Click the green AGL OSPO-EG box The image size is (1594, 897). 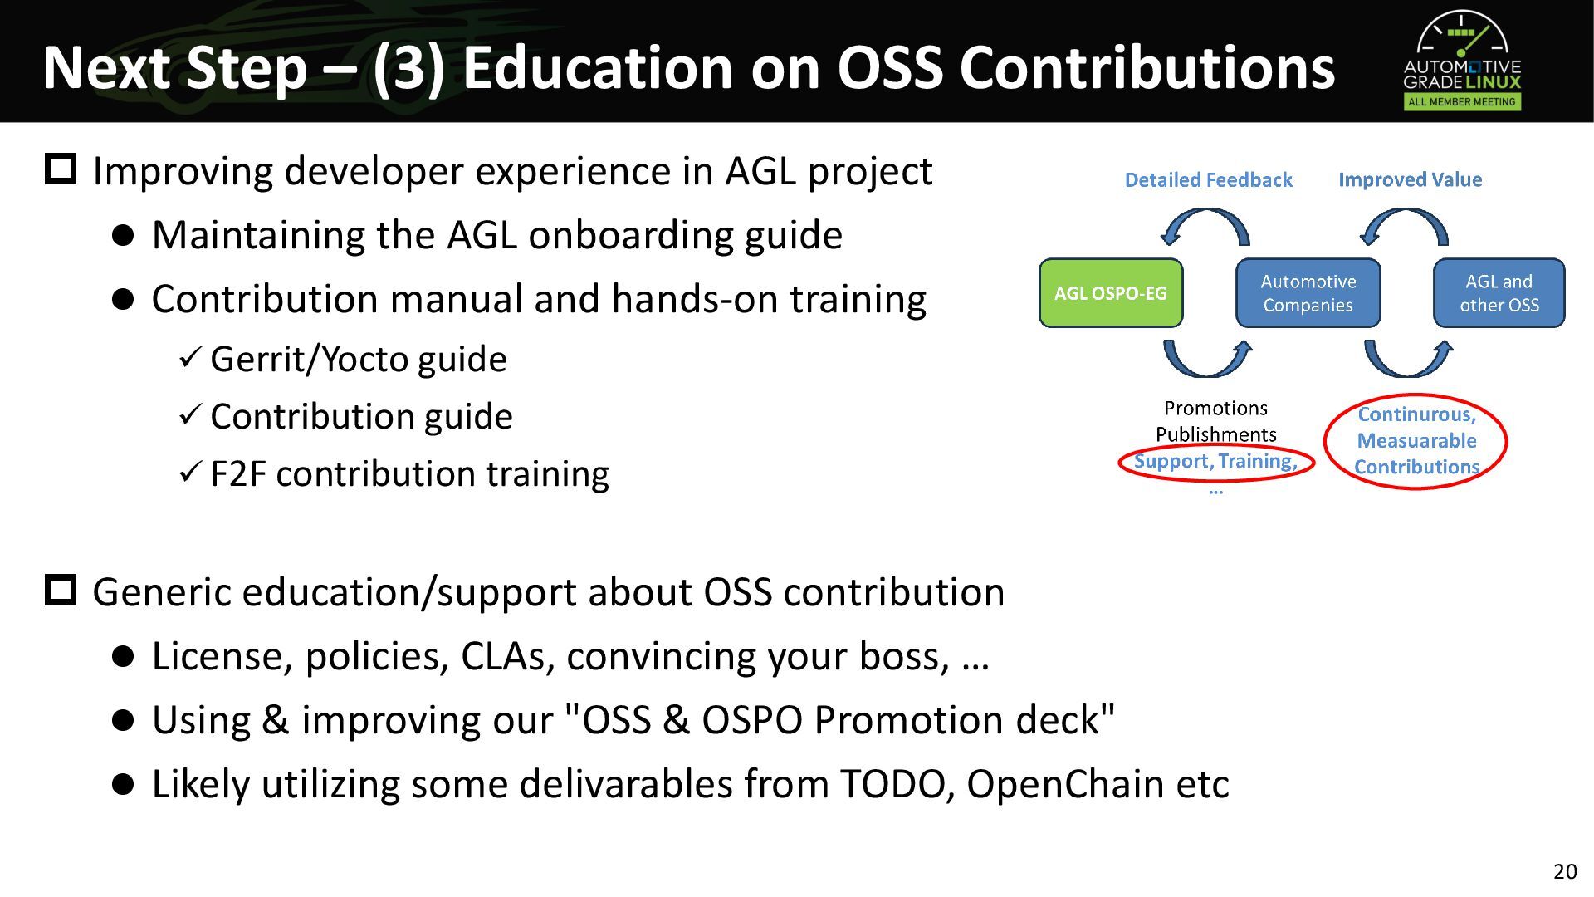point(1111,293)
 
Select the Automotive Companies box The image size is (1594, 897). point(1308,293)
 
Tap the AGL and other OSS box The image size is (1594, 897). point(1499,293)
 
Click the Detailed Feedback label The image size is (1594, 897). point(1208,180)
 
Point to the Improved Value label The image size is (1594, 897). point(1410,179)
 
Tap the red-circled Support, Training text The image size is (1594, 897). point(1215,461)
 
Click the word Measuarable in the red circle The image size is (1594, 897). point(1417,441)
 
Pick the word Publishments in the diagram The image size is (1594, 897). point(1216,434)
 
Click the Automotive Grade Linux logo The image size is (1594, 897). point(1462,61)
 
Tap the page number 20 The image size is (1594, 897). point(1565,871)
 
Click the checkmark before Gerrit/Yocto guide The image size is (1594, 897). point(190,358)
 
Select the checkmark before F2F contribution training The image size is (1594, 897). point(190,473)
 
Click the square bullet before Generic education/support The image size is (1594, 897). point(61,591)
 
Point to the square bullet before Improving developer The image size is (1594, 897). point(61,169)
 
